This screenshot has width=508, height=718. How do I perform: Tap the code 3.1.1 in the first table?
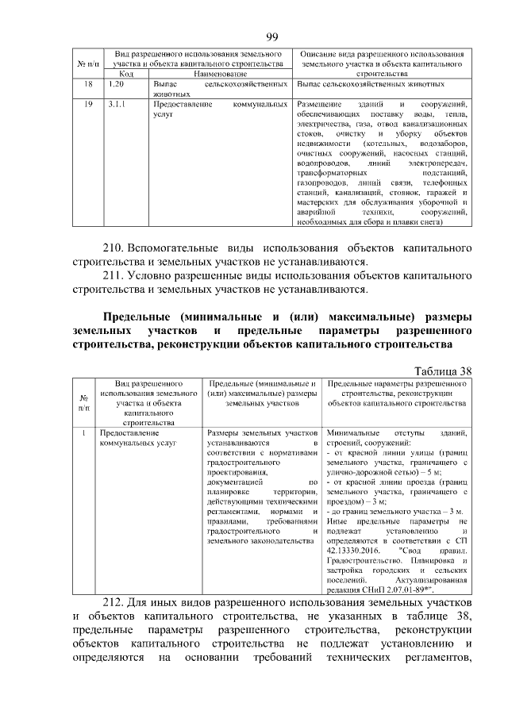115,104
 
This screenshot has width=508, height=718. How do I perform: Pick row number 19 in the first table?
88,104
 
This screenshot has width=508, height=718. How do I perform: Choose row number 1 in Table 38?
83,434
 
